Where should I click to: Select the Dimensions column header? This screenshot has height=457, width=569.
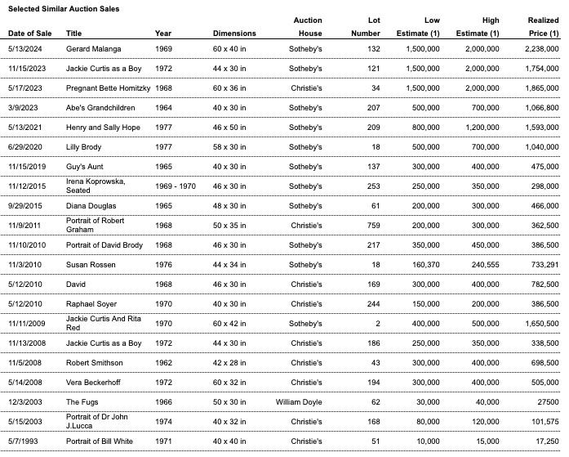pos(234,34)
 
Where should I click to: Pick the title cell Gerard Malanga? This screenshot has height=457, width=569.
pos(95,49)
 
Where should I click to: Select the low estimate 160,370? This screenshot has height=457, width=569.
pos(425,265)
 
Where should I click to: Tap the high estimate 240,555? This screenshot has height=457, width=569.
pos(482,265)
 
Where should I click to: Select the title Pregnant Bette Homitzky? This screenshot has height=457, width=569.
pos(109,88)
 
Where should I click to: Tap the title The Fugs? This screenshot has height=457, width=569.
pos(82,402)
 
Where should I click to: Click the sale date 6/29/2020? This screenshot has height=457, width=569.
pos(26,147)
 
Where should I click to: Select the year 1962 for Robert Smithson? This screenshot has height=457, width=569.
pos(164,363)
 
